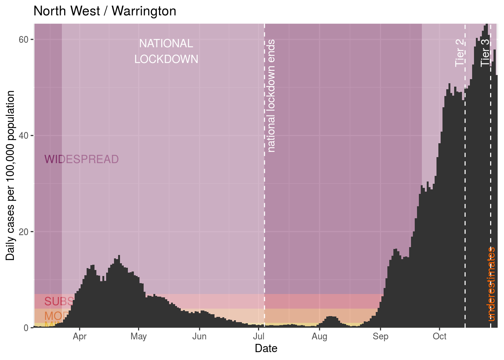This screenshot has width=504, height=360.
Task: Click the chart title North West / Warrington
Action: pyautogui.click(x=105, y=11)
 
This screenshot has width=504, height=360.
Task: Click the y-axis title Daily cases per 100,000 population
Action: pyautogui.click(x=10, y=175)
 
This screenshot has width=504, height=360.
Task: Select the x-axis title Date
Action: pyautogui.click(x=266, y=348)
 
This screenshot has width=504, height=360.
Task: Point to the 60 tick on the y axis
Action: pyautogui.click(x=24, y=39)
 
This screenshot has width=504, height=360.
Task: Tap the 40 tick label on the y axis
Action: pyautogui.click(x=24, y=136)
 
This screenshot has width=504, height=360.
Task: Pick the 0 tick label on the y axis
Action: pyautogui.click(x=26, y=328)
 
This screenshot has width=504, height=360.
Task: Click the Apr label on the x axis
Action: pyautogui.click(x=79, y=336)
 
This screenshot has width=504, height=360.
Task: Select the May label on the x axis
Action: pyautogui.click(x=138, y=336)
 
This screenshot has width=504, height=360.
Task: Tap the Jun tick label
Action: pyautogui.click(x=199, y=336)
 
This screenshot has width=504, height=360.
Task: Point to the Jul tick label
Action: pyautogui.click(x=258, y=336)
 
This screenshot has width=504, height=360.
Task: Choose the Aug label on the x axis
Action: pyautogui.click(x=319, y=336)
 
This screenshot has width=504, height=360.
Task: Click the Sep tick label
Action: pyautogui.click(x=380, y=336)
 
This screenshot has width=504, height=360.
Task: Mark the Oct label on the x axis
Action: pyautogui.click(x=439, y=336)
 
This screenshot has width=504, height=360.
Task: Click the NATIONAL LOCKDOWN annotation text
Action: pyautogui.click(x=166, y=51)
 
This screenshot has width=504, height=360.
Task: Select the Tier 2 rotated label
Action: pyautogui.click(x=460, y=53)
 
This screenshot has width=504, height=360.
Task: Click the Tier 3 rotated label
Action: pyautogui.click(x=485, y=53)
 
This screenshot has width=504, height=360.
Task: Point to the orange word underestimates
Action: pyautogui.click(x=492, y=284)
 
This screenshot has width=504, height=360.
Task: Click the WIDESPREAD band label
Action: pyautogui.click(x=81, y=159)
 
